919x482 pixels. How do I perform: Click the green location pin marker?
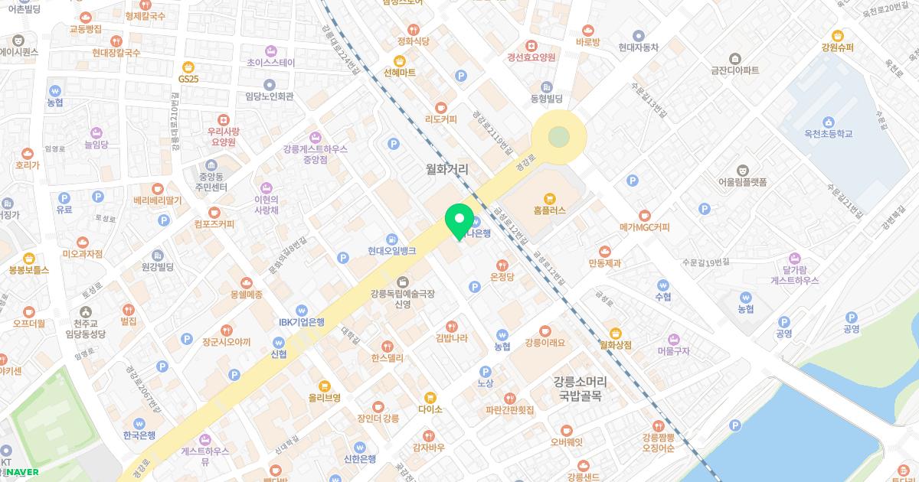click(459, 222)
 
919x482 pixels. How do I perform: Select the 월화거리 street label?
click(447, 169)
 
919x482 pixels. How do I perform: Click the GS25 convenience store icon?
click(188, 67)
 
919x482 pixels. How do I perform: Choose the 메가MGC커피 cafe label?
click(644, 227)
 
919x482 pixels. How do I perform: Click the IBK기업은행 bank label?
click(301, 321)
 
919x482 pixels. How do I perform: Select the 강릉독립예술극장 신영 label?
click(401, 298)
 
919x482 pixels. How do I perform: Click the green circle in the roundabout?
click(559, 138)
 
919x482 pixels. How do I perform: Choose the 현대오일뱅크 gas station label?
click(391, 250)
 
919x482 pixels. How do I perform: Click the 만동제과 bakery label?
click(605, 263)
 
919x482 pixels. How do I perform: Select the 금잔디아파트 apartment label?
click(734, 70)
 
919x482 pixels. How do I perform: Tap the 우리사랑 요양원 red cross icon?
click(223, 120)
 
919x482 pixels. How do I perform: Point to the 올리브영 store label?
click(324, 398)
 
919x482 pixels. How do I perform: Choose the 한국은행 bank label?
click(139, 435)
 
